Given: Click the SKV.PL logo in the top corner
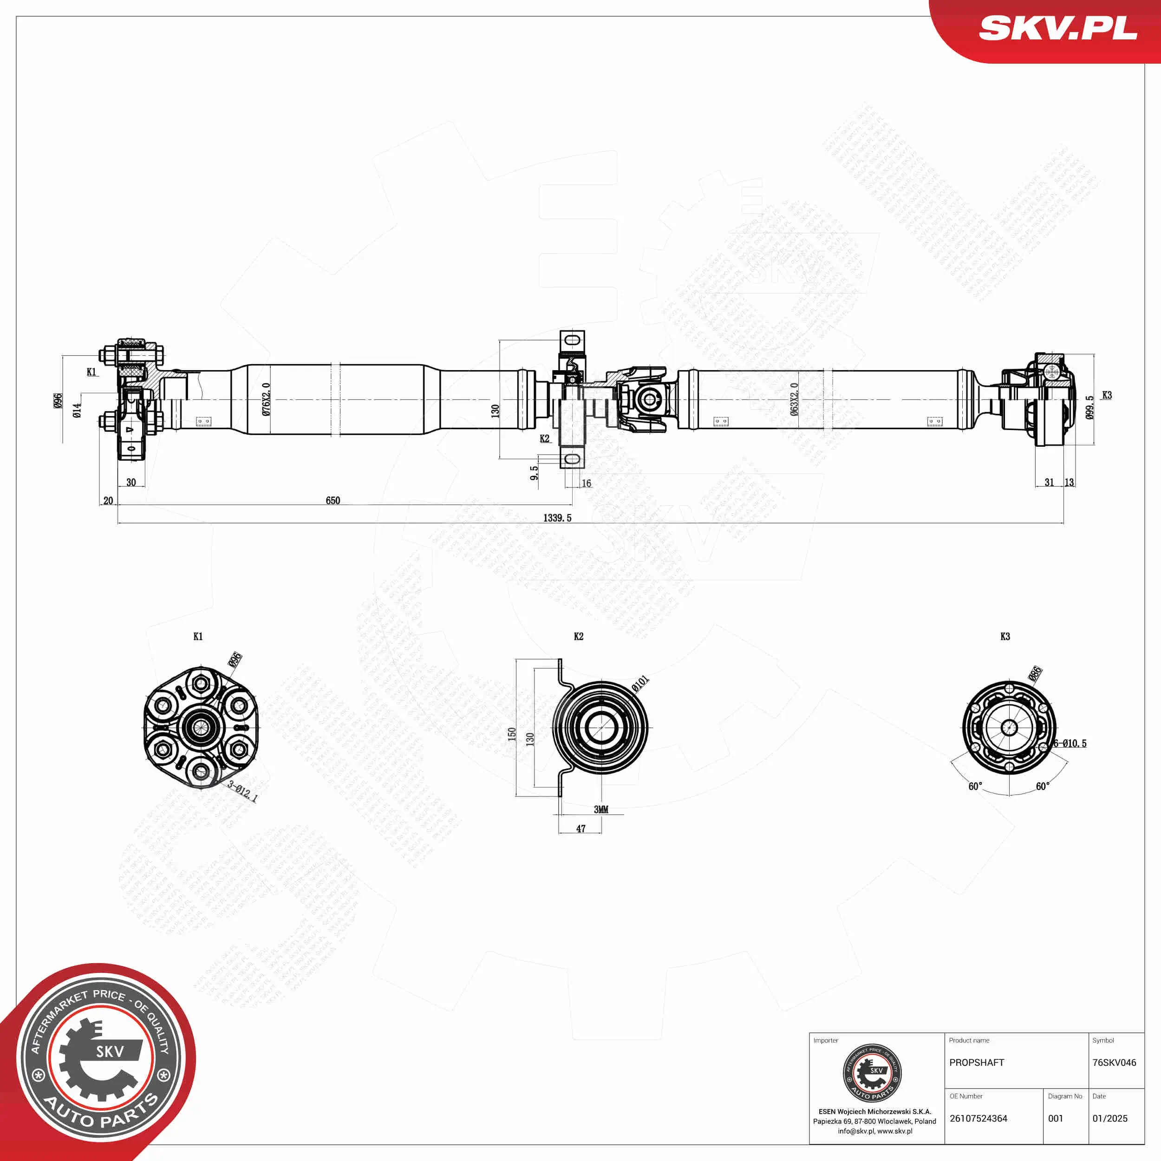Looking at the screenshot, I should [x=1057, y=29].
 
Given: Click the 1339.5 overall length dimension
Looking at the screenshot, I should [x=557, y=518].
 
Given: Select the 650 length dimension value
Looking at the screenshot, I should [x=333, y=501].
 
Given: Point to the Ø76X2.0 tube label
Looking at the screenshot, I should [x=266, y=399].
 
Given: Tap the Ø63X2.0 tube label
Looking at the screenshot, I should [x=795, y=399].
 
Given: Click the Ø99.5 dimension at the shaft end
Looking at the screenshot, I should [x=1089, y=407].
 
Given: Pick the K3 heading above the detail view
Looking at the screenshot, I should [x=1005, y=636].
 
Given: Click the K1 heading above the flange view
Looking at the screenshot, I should [x=198, y=636].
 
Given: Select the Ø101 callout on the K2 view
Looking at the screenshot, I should [x=640, y=683].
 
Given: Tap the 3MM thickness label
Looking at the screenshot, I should [x=601, y=809].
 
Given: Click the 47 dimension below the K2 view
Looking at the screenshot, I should [x=580, y=828].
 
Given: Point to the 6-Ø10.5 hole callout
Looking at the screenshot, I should [x=1070, y=744].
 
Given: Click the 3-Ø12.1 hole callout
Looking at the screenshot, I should [x=242, y=791].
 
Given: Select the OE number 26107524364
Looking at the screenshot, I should [x=978, y=1118].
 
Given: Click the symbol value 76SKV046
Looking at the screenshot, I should [x=1114, y=1063].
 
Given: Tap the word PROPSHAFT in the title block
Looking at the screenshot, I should [x=977, y=1063].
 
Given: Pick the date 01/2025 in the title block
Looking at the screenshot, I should [x=1110, y=1118].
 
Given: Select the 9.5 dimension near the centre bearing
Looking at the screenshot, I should [x=534, y=472].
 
